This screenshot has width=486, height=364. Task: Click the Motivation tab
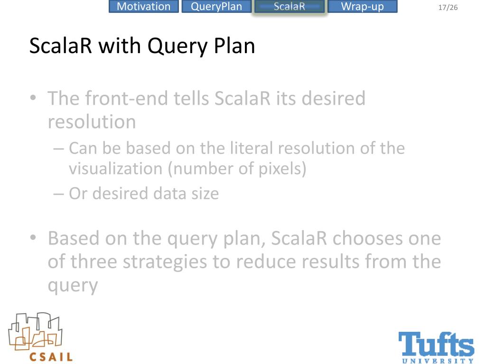pyautogui.click(x=143, y=7)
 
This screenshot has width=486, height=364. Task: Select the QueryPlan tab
pyautogui.click(x=216, y=7)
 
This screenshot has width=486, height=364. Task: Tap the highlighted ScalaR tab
pyautogui.click(x=289, y=7)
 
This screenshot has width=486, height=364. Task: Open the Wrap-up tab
pyautogui.click(x=362, y=7)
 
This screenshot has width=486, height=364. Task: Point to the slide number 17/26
pyautogui.click(x=448, y=8)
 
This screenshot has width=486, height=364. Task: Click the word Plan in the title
pyautogui.click(x=234, y=46)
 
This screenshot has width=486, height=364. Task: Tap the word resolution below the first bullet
pyautogui.click(x=92, y=122)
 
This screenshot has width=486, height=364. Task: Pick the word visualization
pyautogui.click(x=115, y=169)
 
